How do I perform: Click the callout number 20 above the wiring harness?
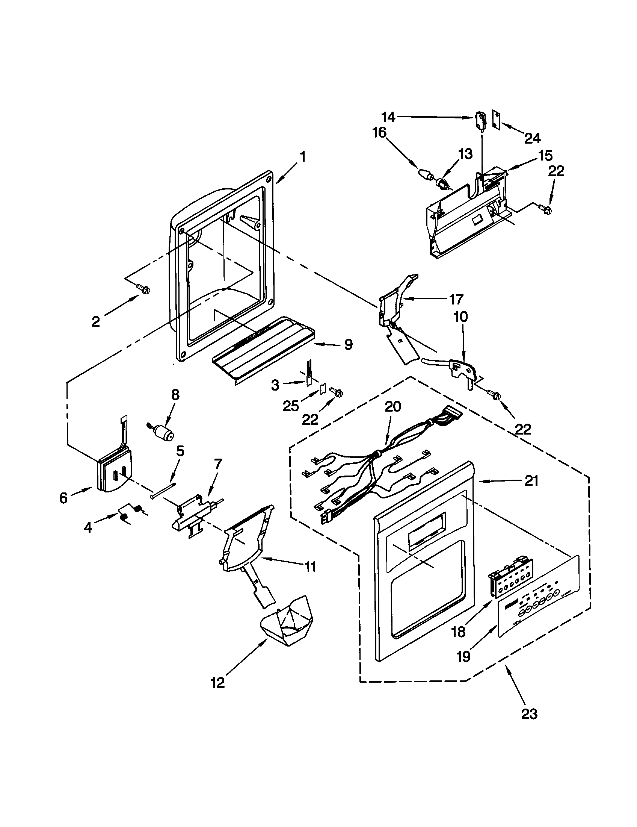(x=392, y=407)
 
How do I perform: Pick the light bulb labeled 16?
(x=425, y=174)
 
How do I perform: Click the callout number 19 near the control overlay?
(x=463, y=657)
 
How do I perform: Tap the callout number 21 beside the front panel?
(x=531, y=481)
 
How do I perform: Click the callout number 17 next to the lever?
(x=457, y=299)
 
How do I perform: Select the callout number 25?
(x=291, y=406)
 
